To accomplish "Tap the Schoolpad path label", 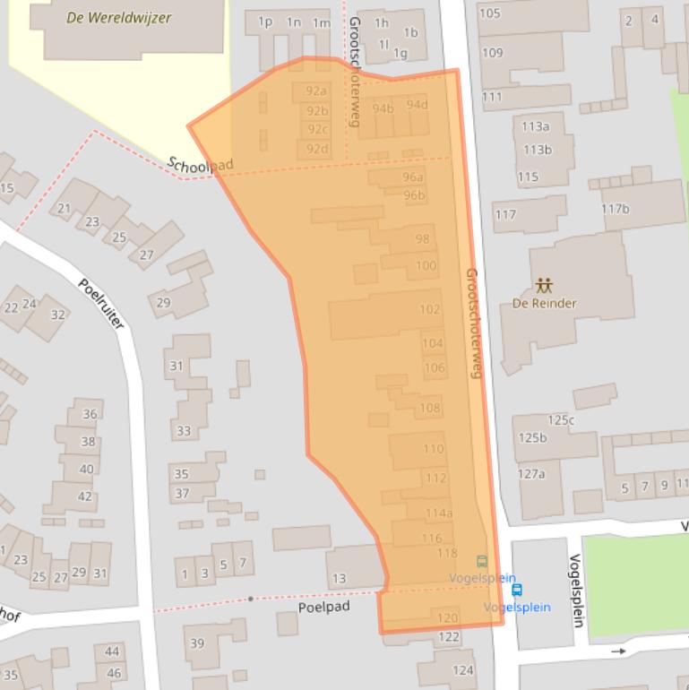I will click(x=200, y=165).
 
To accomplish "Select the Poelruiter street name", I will click(x=101, y=303).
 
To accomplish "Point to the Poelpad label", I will click(x=323, y=607).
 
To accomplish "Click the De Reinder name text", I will click(x=544, y=303).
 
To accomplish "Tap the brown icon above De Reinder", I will click(x=544, y=286).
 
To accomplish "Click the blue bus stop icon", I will click(x=517, y=590).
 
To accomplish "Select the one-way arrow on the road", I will click(x=618, y=651).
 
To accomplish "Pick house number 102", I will click(x=430, y=310).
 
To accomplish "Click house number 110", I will click(x=434, y=449).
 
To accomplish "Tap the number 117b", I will click(x=616, y=209).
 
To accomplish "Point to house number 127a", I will click(x=530, y=474).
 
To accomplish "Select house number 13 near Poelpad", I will click(x=339, y=579).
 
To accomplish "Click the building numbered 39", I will click(x=197, y=643).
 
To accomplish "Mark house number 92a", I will click(x=316, y=91).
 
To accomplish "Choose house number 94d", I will click(x=417, y=104).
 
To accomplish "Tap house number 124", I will click(x=463, y=669).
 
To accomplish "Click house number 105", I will click(x=490, y=13).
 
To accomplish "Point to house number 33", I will click(x=184, y=431).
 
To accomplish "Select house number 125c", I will click(x=561, y=419).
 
